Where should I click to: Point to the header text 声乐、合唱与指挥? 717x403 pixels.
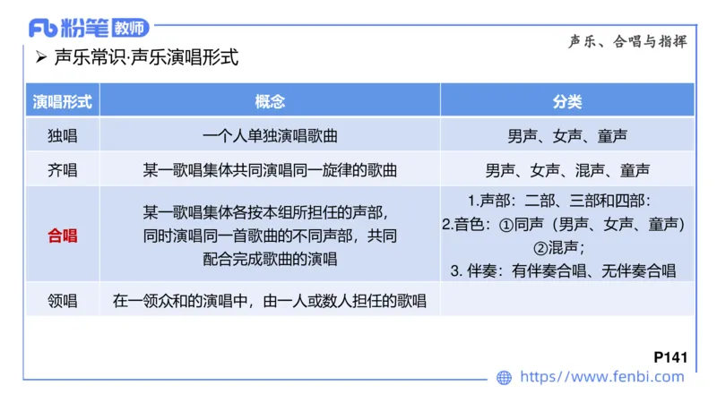coord(627,42)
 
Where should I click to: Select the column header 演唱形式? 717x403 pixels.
coord(62,100)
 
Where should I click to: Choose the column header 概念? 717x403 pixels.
coord(269,100)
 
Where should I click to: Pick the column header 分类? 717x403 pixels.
coord(566,100)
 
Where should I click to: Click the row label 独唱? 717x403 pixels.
coord(62,136)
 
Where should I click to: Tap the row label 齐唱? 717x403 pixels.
coord(62,169)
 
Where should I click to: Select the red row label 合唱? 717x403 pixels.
coord(62,236)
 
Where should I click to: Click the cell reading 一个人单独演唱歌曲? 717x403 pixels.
coord(269,136)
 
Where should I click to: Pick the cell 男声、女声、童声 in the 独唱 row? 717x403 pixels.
coord(566,136)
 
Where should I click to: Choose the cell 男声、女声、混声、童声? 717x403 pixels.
coord(566,169)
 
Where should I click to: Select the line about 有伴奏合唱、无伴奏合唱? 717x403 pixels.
coord(563,270)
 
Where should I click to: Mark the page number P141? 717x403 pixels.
coord(670,356)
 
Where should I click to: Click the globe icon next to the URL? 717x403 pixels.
coord(505,377)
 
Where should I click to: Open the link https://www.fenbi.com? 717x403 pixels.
coord(601,377)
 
